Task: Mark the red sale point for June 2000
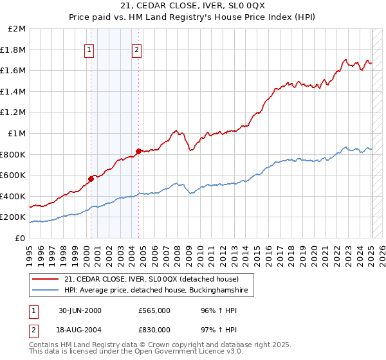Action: [x=91, y=179]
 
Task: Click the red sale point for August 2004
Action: [x=138, y=151]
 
